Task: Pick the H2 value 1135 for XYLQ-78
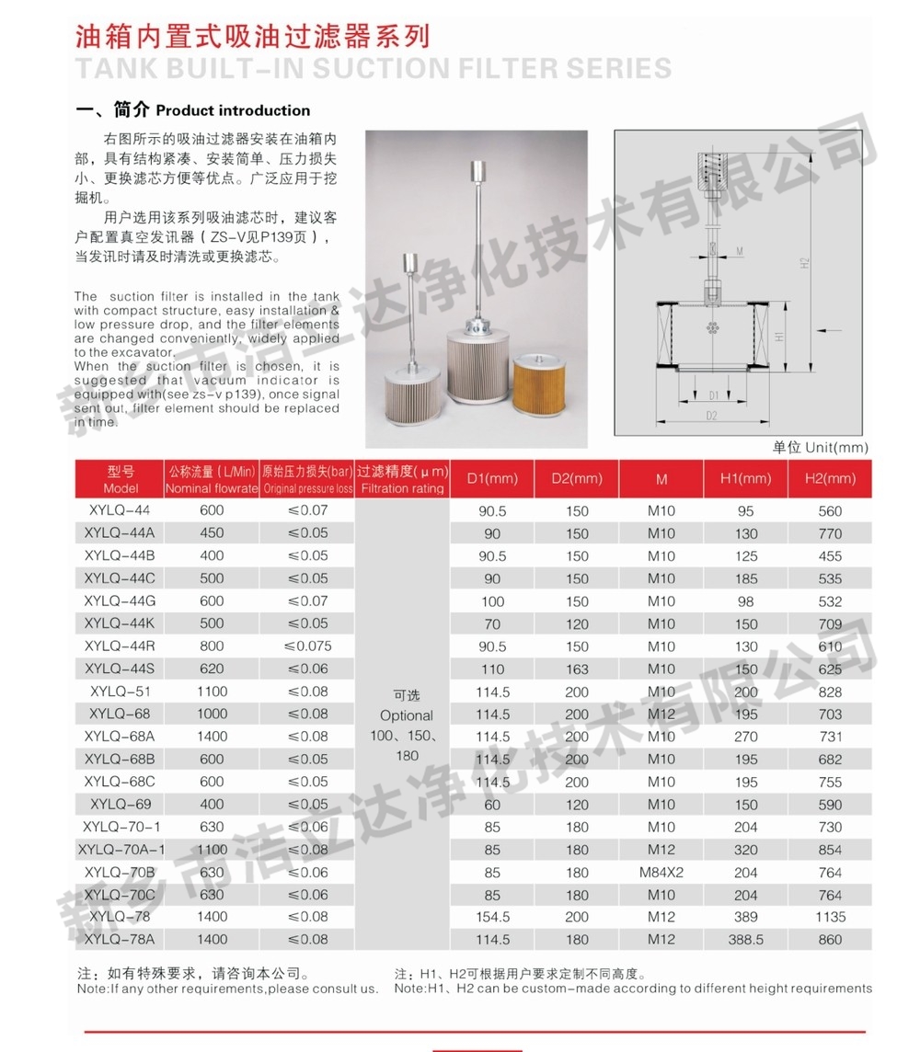coord(830,917)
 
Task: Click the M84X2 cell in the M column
coord(661,872)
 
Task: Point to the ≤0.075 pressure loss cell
coord(307,646)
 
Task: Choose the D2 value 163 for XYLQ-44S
coord(577,669)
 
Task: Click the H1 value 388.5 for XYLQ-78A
coord(746,940)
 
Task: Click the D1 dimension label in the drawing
coord(714,395)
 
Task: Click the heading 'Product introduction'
coord(233,110)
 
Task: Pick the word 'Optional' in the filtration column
coord(406,715)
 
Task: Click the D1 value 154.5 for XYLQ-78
coord(492,917)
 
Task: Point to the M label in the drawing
coord(740,249)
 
